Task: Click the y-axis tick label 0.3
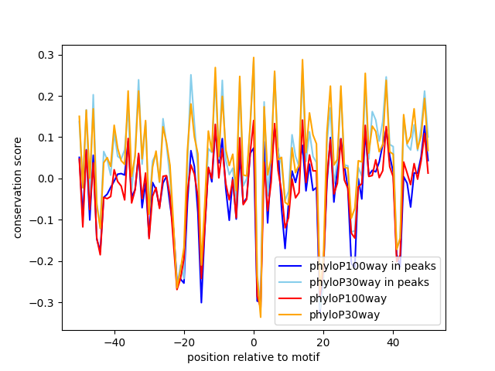pos(47,55)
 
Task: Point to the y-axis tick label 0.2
pos(47,96)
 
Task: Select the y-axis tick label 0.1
pos(47,138)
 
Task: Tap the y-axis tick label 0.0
pos(47,179)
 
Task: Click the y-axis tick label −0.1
pos(44,220)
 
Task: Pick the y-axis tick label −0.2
pos(44,261)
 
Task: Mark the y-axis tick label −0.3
pos(44,302)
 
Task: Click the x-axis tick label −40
pos(114,342)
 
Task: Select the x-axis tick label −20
pos(183,342)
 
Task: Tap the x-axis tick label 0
pos(254,342)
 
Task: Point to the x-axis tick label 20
pos(323,342)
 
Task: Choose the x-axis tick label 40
pos(393,342)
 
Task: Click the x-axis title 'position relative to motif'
pos(253,357)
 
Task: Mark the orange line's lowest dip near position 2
pos(261,317)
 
